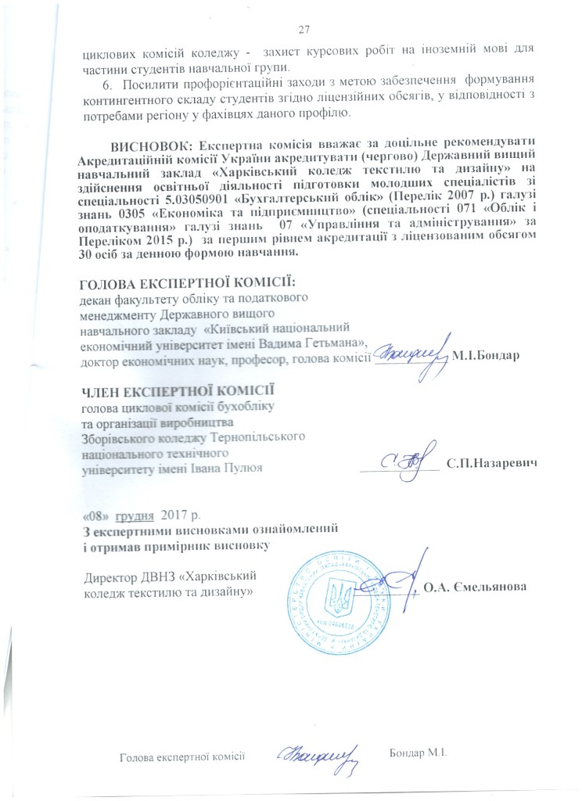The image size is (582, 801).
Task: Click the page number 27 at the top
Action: (x=305, y=30)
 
